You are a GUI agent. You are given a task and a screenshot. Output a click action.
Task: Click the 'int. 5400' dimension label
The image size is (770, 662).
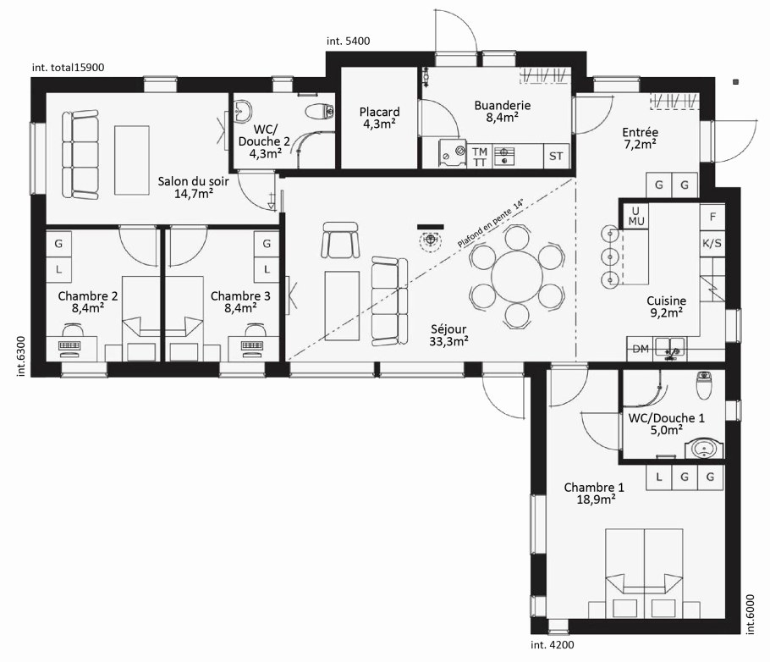[348, 41]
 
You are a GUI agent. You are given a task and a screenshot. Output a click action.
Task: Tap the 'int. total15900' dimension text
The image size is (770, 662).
[68, 68]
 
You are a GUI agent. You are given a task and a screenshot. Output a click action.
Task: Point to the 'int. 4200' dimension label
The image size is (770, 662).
[552, 645]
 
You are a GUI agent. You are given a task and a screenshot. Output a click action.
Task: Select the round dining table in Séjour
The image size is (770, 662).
[517, 277]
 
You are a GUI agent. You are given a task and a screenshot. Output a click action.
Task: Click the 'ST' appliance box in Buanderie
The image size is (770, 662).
[556, 156]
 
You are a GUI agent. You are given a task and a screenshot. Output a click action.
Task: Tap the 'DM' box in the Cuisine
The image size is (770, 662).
[641, 349]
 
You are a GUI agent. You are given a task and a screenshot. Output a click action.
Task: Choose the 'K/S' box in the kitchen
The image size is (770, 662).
[712, 243]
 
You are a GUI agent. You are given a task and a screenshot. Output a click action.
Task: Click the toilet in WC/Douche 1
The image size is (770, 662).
[704, 384]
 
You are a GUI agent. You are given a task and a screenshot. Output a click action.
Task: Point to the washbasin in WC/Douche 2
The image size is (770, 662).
[243, 111]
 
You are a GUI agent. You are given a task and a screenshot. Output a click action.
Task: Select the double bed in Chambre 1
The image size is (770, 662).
[644, 573]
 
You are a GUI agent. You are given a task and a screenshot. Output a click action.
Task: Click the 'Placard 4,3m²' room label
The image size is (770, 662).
[379, 118]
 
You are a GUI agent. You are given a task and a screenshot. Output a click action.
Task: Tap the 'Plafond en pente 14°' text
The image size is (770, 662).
[490, 223]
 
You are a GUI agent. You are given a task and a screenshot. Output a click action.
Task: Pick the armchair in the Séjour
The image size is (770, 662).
[340, 240]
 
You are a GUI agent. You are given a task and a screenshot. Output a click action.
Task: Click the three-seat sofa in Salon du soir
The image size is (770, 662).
[80, 154]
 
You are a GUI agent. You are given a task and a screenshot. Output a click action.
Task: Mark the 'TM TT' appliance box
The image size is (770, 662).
[480, 157]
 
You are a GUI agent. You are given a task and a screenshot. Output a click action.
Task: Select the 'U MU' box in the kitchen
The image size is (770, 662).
[636, 216]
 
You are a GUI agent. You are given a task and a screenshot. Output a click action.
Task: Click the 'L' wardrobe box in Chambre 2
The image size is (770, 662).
[59, 269]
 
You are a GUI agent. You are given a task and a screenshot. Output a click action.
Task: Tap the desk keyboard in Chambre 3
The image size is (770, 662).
[253, 345]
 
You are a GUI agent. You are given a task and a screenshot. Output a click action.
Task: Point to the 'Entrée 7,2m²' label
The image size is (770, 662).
[640, 138]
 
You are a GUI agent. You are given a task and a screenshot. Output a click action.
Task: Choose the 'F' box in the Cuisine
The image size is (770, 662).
[712, 217]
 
